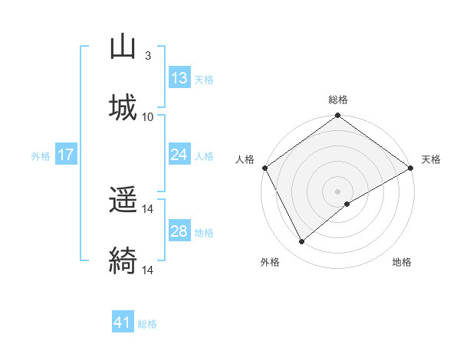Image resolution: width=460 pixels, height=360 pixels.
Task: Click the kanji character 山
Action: click(123, 47)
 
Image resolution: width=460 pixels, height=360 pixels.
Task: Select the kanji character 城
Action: click(123, 106)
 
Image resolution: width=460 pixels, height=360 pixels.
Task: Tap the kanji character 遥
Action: click(123, 201)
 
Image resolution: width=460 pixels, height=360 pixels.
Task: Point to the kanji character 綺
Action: click(123, 260)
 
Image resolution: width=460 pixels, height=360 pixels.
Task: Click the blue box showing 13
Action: click(179, 78)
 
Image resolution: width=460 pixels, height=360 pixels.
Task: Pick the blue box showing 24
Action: click(179, 155)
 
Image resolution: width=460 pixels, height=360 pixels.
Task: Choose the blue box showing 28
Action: click(179, 231)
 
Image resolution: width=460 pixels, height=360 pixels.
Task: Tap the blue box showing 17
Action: click(66, 155)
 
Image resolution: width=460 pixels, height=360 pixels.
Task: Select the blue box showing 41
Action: click(123, 322)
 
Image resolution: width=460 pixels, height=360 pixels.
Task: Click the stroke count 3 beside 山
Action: click(147, 56)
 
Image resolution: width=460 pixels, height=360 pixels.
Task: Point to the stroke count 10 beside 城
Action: click(148, 116)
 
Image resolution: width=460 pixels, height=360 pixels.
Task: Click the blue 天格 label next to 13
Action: click(203, 80)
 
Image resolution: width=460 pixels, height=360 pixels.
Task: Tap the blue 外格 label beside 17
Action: click(41, 156)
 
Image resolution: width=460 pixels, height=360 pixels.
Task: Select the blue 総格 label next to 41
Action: click(147, 324)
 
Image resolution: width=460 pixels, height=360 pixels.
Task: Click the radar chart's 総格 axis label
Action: click(338, 100)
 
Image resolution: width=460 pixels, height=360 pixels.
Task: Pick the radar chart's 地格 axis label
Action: click(402, 263)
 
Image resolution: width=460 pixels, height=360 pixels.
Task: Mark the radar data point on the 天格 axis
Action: click(411, 168)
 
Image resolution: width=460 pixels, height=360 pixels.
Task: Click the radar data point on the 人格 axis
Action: click(264, 168)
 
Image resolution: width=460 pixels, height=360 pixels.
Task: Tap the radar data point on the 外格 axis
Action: click(302, 242)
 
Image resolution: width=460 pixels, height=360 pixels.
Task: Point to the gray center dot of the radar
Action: click(338, 191)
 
